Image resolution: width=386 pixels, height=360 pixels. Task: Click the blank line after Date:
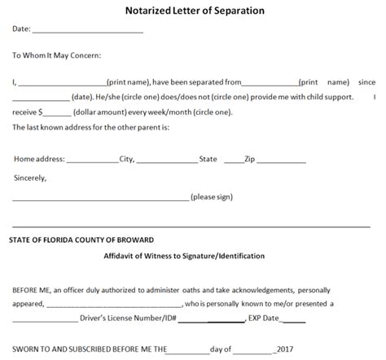(87, 31)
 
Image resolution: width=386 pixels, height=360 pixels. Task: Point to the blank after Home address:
(92, 160)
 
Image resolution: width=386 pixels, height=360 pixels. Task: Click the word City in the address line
(126, 160)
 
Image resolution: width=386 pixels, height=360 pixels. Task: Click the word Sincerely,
(30, 177)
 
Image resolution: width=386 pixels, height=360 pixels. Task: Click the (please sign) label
(214, 198)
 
